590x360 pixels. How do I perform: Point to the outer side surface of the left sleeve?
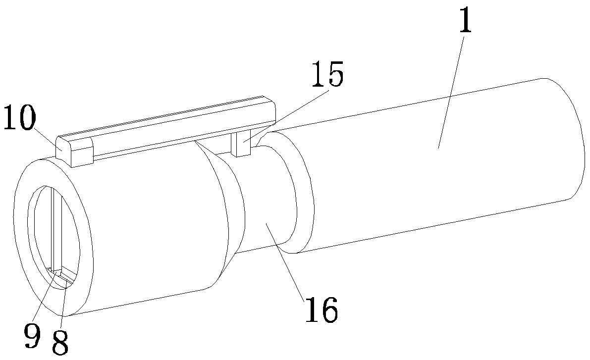[x=149, y=228]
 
